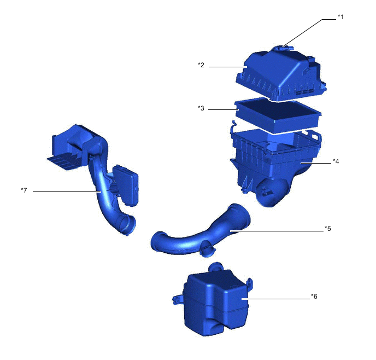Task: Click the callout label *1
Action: pyautogui.click(x=340, y=17)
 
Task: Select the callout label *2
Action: pyautogui.click(x=201, y=65)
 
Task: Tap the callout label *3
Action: pyautogui.click(x=201, y=108)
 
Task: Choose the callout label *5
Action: pyautogui.click(x=327, y=228)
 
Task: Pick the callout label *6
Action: pyautogui.click(x=314, y=296)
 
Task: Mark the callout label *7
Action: pyautogui.click(x=24, y=190)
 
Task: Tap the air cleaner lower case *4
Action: pyautogui.click(x=273, y=159)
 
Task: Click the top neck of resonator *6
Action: pyautogui.click(x=216, y=268)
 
